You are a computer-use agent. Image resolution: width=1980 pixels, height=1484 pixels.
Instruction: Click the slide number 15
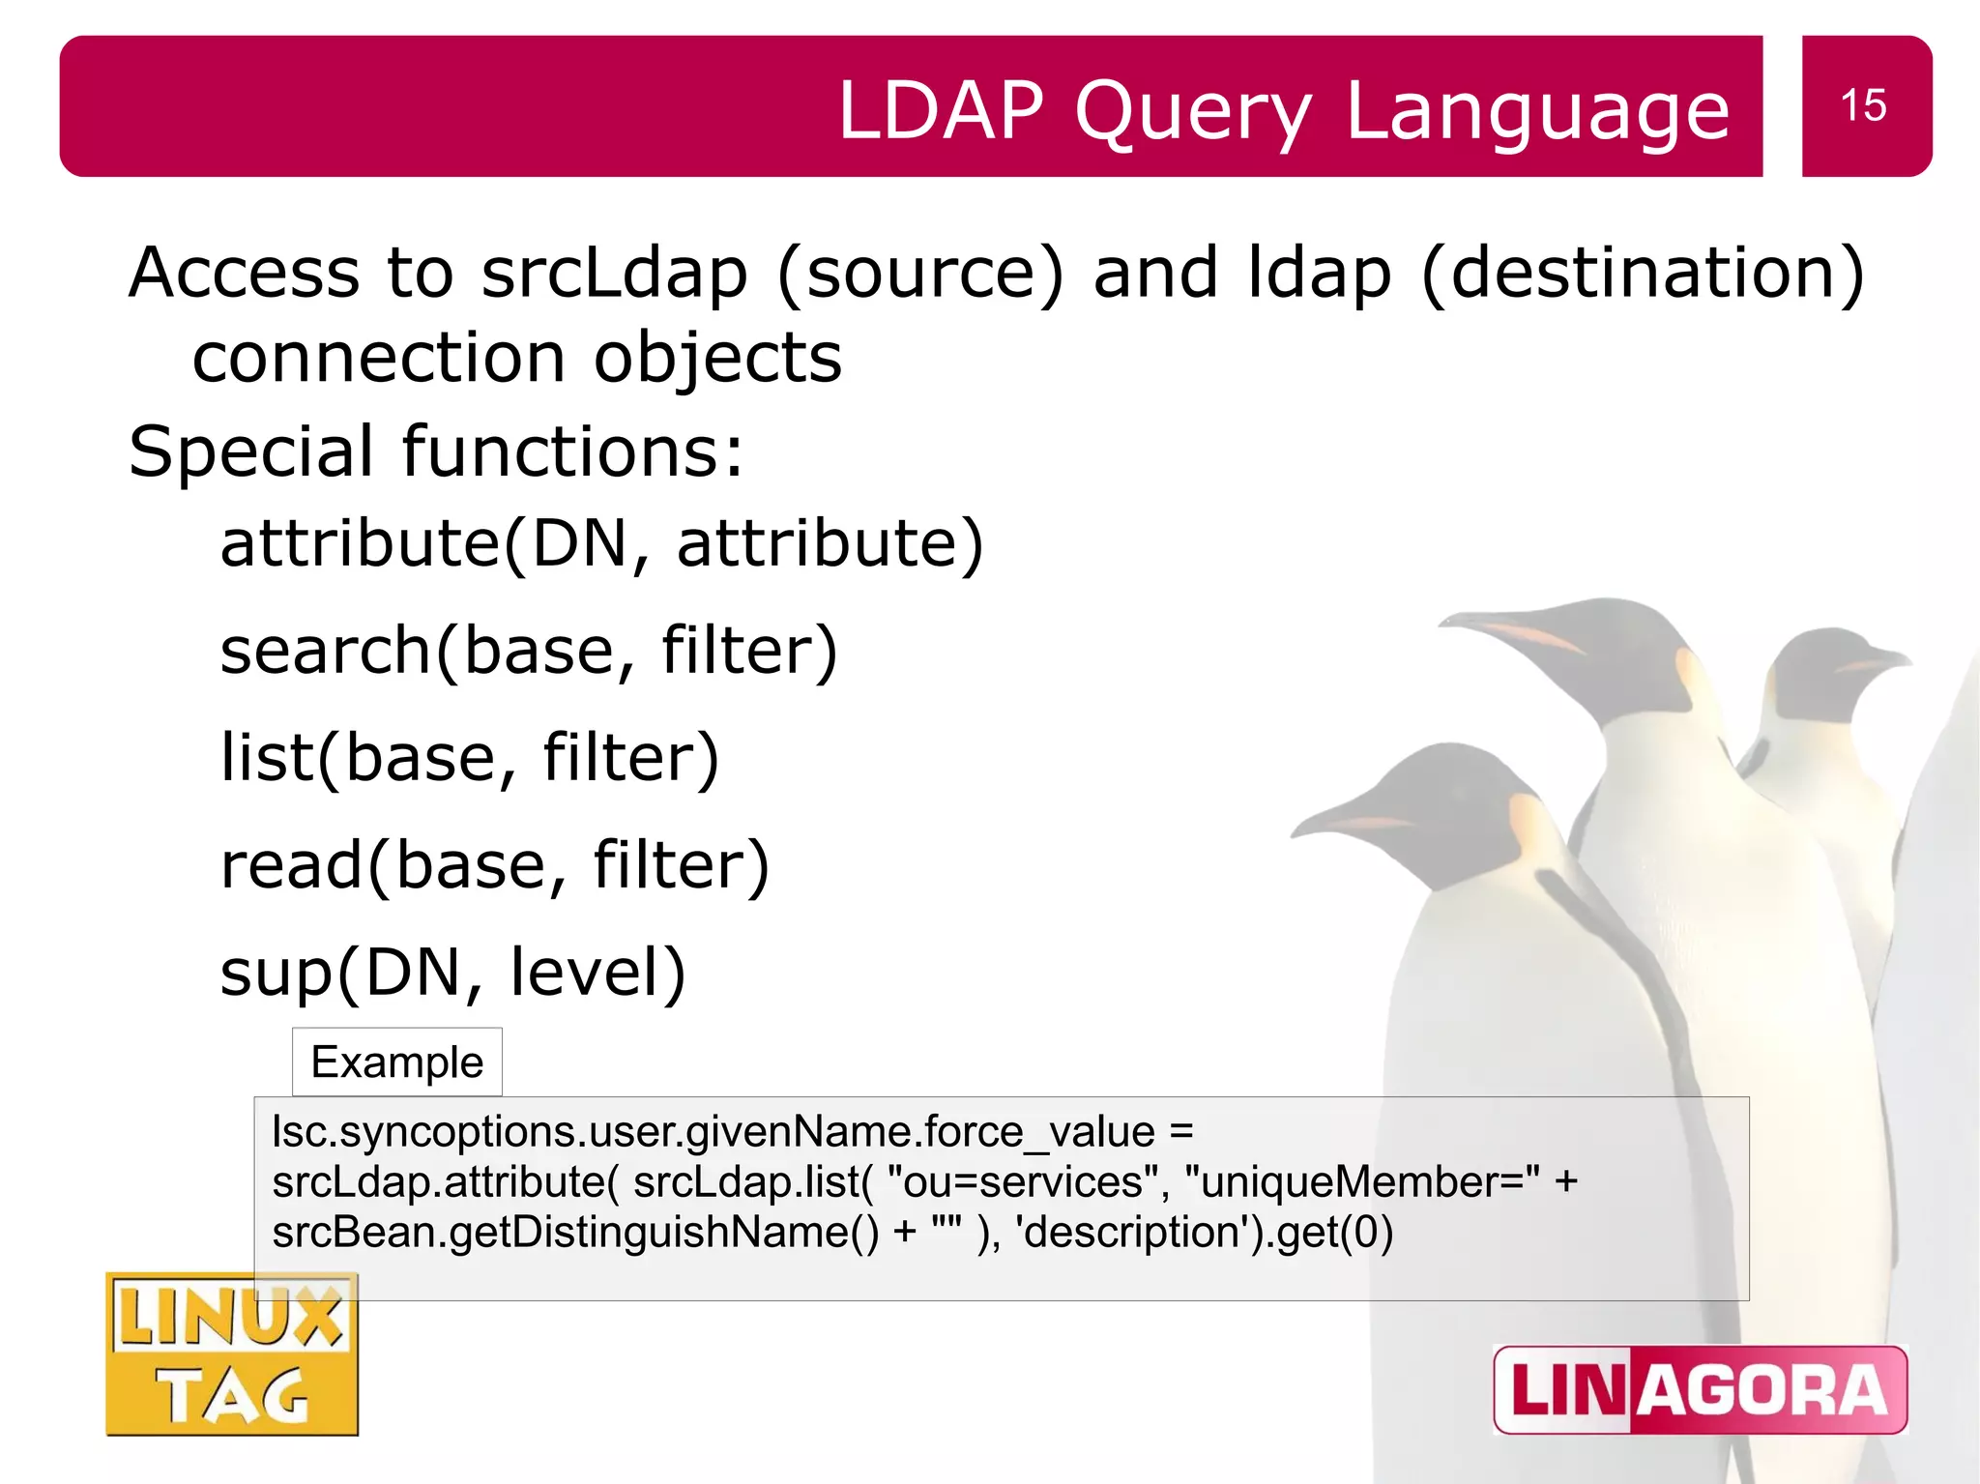[x=1863, y=105]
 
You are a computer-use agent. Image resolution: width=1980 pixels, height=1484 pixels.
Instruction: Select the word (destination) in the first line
[x=1643, y=273]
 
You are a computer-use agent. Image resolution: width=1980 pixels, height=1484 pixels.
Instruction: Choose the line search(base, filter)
[x=528, y=650]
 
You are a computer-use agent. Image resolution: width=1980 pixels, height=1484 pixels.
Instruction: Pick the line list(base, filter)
[x=470, y=757]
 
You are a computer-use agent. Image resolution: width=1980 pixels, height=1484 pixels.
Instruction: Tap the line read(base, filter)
[x=494, y=864]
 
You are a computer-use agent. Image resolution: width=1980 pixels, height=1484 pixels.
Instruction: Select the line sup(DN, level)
[x=452, y=972]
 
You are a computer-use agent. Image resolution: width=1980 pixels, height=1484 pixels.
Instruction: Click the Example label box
[x=396, y=1062]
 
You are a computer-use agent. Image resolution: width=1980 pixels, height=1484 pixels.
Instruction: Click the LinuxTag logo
[x=232, y=1354]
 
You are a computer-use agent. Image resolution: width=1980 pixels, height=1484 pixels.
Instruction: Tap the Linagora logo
[x=1700, y=1389]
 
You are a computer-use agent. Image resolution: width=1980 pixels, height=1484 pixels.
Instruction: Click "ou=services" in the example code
[x=1014, y=1182]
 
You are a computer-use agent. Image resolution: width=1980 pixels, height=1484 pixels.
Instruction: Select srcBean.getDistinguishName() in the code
[x=575, y=1233]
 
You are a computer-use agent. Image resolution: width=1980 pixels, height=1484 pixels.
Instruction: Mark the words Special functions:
[x=436, y=451]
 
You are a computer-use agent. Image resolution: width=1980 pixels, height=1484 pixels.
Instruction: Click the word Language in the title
[x=1537, y=112]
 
